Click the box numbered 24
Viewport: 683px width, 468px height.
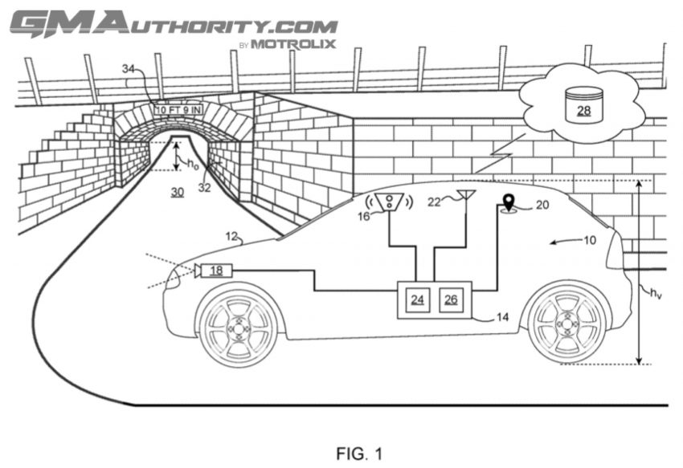click(x=418, y=300)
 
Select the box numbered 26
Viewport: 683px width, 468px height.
click(x=451, y=300)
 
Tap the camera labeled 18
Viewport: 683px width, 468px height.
click(x=213, y=271)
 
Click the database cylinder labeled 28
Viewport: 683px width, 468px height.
click(x=583, y=105)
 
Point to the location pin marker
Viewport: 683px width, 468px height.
click(x=509, y=203)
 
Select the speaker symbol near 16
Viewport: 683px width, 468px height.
click(x=390, y=201)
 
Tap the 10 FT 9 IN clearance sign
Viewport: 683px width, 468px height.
click(x=178, y=110)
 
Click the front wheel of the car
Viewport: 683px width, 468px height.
click(x=239, y=327)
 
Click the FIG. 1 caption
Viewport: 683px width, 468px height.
click(x=359, y=454)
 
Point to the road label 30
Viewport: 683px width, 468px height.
click(x=178, y=192)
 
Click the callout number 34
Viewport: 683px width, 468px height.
click(x=129, y=69)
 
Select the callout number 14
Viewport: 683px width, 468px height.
click(x=502, y=317)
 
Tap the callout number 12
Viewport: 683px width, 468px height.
click(x=231, y=236)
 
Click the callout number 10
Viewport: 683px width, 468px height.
click(x=589, y=240)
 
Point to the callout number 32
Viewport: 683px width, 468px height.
click(x=204, y=188)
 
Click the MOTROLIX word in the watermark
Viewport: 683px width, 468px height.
click(x=293, y=44)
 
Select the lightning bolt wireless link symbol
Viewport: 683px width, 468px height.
click(x=500, y=153)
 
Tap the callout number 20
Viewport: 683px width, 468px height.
click(x=542, y=205)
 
